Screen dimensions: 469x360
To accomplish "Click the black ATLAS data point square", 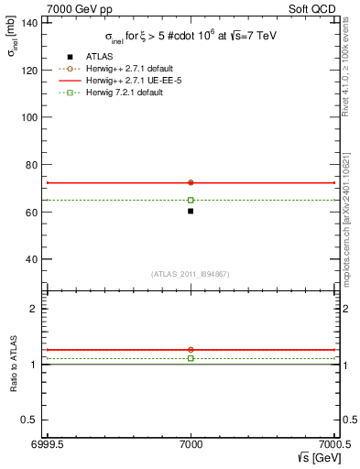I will pyautogui.click(x=191, y=212).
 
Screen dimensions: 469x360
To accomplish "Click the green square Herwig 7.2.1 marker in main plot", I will pyautogui.click(x=191, y=200).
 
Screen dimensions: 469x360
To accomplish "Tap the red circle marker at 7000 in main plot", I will pyautogui.click(x=191, y=182).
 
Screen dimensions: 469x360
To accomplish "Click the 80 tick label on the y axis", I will pyautogui.click(x=32, y=165).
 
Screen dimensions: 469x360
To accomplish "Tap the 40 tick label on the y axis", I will pyautogui.click(x=32, y=259).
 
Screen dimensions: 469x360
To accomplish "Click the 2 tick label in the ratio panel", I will pyautogui.click(x=36, y=309).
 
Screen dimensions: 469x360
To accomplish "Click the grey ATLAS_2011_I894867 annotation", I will pyautogui.click(x=191, y=275).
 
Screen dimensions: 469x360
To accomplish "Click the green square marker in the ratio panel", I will pyautogui.click(x=191, y=358).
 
